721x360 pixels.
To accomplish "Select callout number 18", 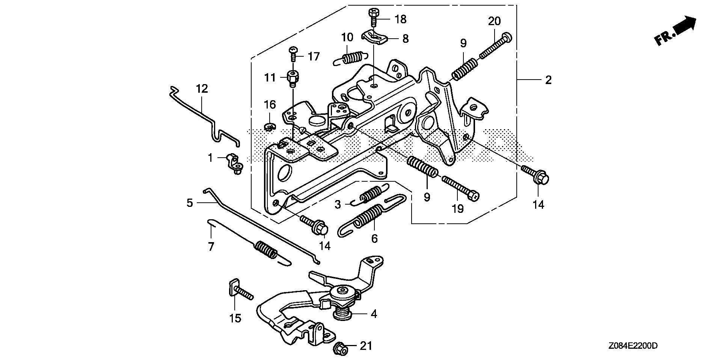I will (x=401, y=19).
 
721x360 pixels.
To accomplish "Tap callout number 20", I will (x=494, y=21).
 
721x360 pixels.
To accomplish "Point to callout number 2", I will (x=548, y=80).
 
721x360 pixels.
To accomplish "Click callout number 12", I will (x=202, y=89).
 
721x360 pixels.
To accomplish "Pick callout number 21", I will (x=366, y=346).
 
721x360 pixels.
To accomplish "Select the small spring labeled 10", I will (x=349, y=58).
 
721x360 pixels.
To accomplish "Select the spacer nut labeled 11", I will (x=293, y=78).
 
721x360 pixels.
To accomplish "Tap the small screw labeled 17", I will (x=293, y=54).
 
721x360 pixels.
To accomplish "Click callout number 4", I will (x=374, y=314).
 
